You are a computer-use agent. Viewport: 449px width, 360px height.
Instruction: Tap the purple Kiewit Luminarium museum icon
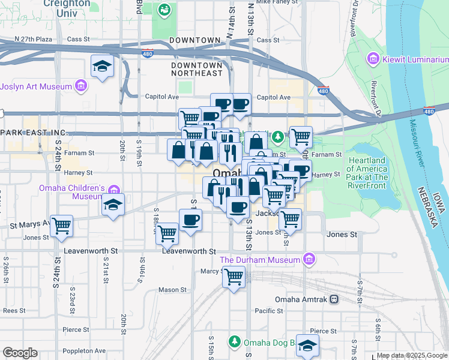pyautogui.click(x=373, y=59)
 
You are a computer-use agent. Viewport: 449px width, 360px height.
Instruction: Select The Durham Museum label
pyautogui.click(x=259, y=260)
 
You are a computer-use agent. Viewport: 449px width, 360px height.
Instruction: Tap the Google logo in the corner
pyautogui.click(x=20, y=353)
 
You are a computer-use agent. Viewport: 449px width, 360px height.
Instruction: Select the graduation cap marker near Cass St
pyautogui.click(x=103, y=67)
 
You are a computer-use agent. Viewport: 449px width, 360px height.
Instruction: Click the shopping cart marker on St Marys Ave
pyautogui.click(x=61, y=226)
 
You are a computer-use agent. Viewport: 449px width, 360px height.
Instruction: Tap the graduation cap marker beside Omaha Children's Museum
pyautogui.click(x=113, y=205)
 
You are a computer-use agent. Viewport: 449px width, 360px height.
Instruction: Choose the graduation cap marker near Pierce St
pyautogui.click(x=307, y=346)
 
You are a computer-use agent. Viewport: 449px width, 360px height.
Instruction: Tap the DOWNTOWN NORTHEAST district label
pyautogui.click(x=197, y=68)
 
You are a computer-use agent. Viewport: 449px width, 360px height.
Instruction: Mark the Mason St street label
pyautogui.click(x=172, y=290)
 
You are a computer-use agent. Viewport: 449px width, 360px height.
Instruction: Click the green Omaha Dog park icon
pyautogui.click(x=235, y=343)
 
